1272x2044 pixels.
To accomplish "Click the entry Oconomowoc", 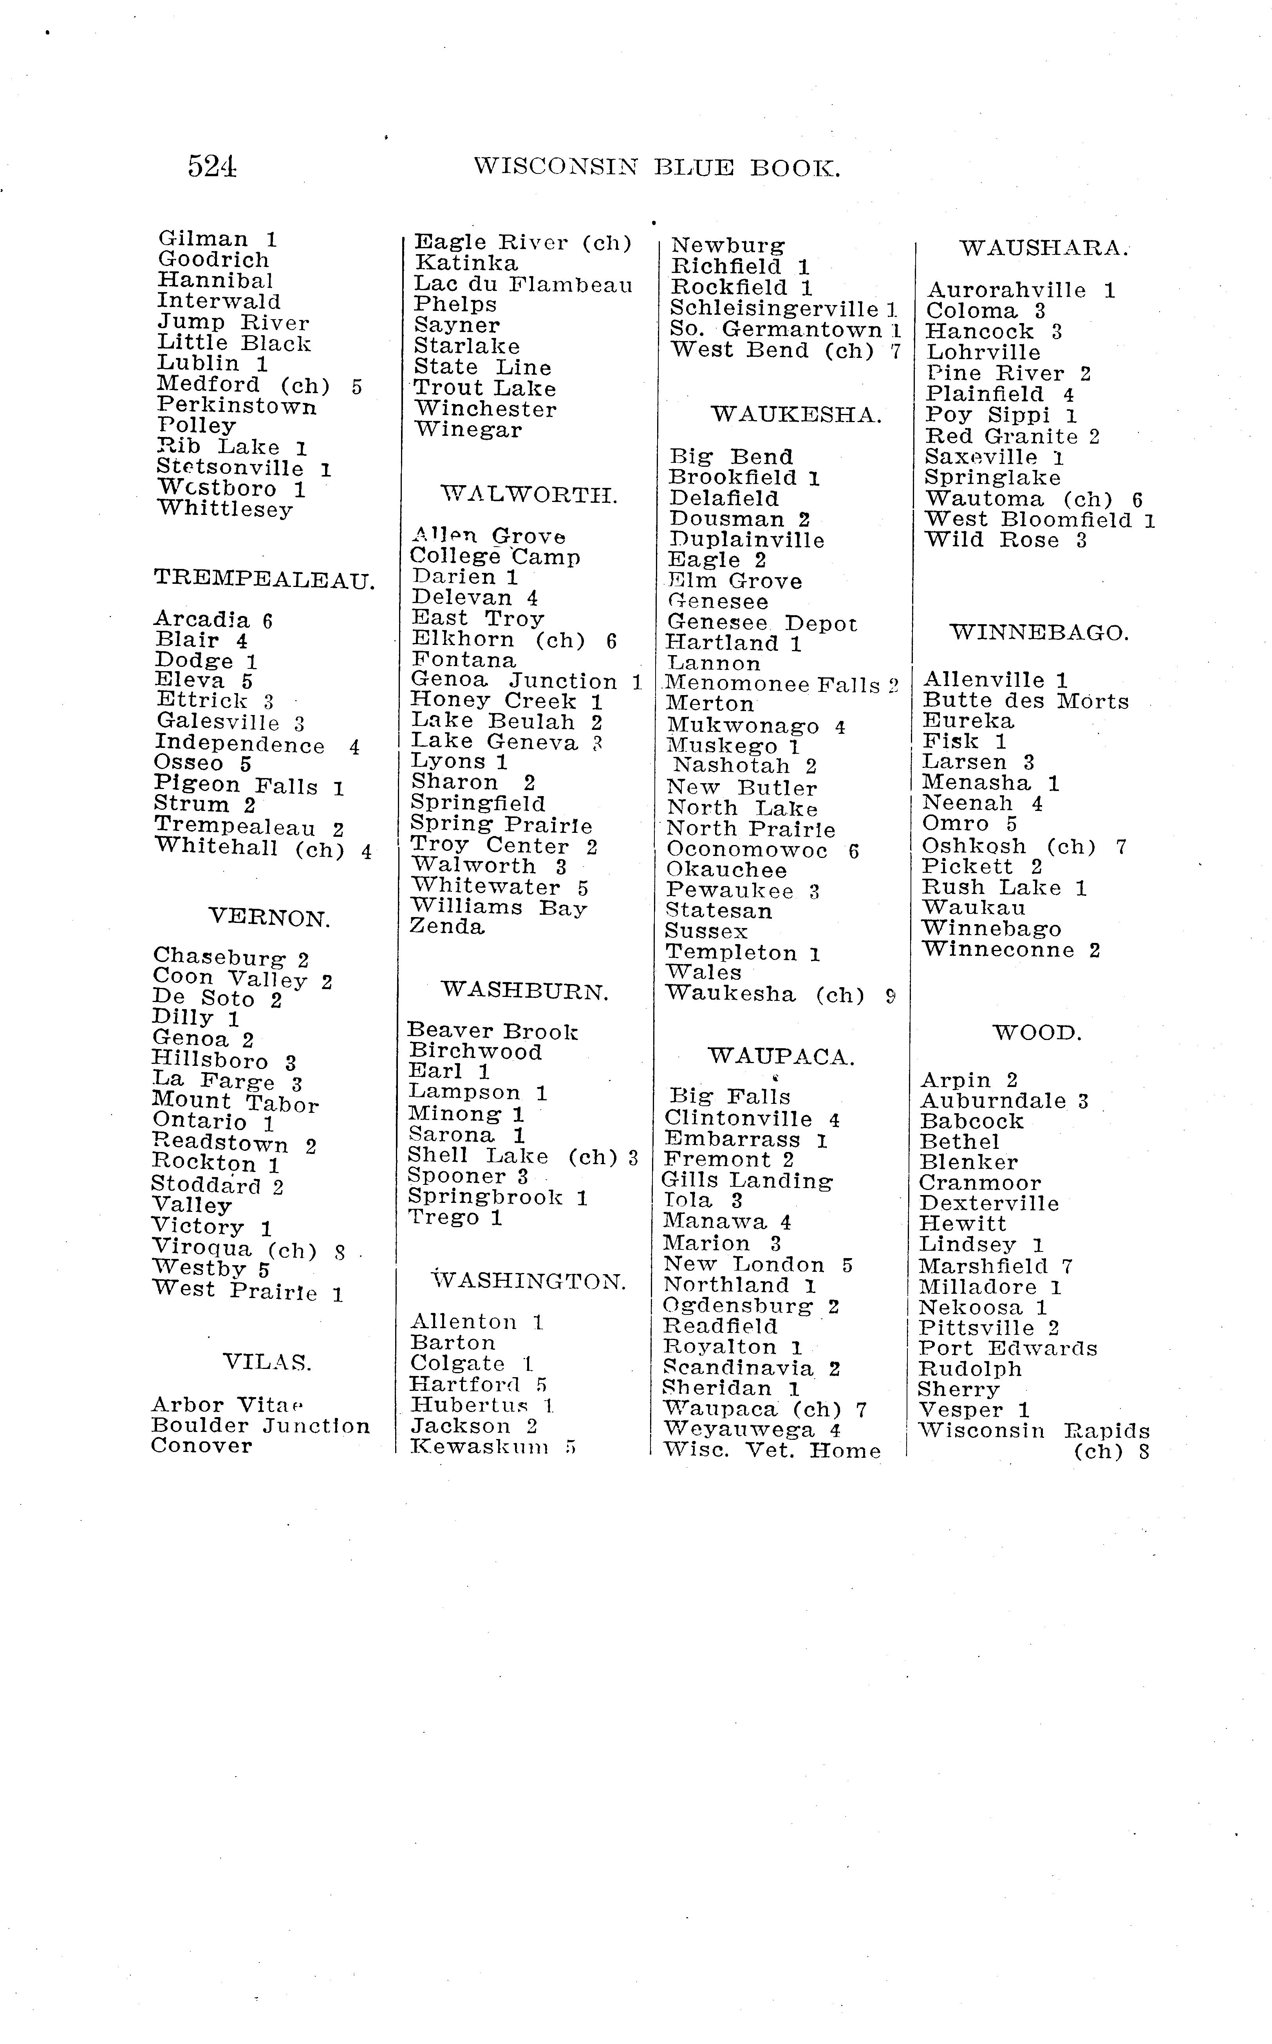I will coord(746,850).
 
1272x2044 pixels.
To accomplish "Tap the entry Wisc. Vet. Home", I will coord(772,1450).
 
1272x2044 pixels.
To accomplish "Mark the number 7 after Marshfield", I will coord(1067,1266).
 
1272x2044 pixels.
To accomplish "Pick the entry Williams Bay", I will coord(498,908).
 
